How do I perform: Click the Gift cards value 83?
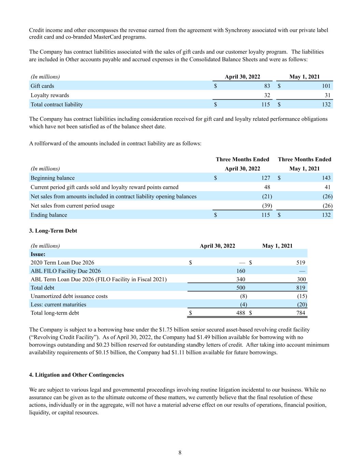[x=267, y=86]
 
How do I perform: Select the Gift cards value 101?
[x=326, y=86]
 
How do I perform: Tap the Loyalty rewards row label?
[x=50, y=95]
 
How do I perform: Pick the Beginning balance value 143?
[x=326, y=178]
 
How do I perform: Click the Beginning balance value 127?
[x=265, y=178]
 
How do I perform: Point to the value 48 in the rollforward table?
[x=267, y=187]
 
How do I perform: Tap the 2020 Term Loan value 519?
[x=301, y=263]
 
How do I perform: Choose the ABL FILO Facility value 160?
[x=241, y=271]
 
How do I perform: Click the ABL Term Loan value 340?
[x=241, y=279]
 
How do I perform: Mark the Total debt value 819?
[x=301, y=288]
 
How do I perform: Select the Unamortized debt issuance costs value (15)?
[x=302, y=296]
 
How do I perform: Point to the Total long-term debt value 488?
[x=241, y=313]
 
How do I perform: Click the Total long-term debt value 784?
[x=301, y=313]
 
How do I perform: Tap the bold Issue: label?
[x=38, y=254]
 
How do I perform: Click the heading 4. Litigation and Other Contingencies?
[x=76, y=375]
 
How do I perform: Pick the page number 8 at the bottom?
[x=180, y=453]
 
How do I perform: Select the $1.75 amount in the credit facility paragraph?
[x=166, y=330]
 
